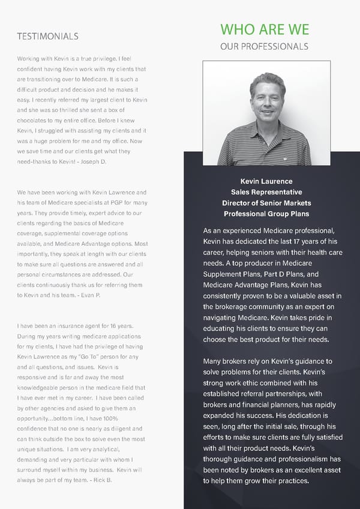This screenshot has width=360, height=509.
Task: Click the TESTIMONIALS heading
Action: (x=48, y=36)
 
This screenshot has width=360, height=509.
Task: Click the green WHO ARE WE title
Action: (x=265, y=29)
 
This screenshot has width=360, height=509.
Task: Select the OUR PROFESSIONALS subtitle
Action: (x=265, y=46)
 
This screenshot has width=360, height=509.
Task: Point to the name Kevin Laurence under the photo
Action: (x=266, y=181)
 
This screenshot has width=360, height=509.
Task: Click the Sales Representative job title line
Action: (x=266, y=192)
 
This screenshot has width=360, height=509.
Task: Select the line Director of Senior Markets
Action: (x=266, y=203)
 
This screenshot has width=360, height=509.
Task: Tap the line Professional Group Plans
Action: (x=266, y=214)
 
